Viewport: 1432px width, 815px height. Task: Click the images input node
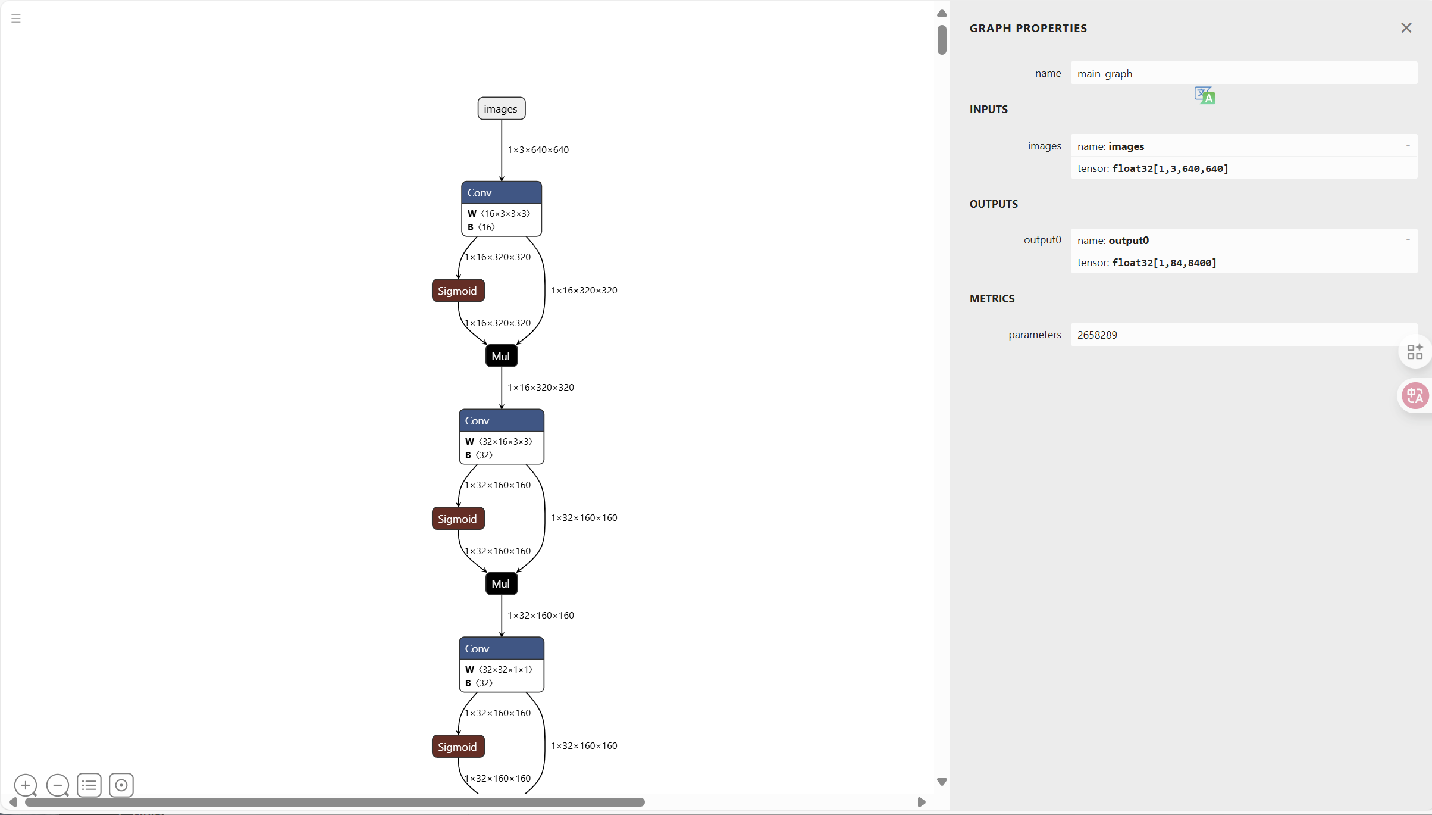click(x=501, y=108)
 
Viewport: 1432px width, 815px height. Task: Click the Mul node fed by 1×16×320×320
click(x=501, y=356)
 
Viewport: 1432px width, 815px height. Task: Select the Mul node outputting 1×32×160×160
click(x=501, y=583)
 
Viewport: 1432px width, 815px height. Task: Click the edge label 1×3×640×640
click(x=538, y=150)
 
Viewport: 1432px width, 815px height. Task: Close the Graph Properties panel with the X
click(x=1406, y=28)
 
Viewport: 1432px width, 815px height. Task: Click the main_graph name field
click(x=1243, y=73)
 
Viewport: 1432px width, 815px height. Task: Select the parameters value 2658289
click(x=1097, y=335)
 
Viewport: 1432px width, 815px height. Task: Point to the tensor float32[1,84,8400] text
click(x=1146, y=263)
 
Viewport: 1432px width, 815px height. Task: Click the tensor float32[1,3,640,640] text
click(x=1152, y=168)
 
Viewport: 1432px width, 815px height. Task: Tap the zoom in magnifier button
click(x=26, y=785)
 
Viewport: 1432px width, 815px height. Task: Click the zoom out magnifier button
click(x=58, y=785)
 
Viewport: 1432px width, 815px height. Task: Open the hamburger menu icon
click(x=16, y=18)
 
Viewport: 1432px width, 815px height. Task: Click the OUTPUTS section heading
click(x=994, y=204)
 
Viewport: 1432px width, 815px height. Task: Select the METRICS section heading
click(x=992, y=299)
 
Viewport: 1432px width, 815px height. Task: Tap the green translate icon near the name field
click(x=1205, y=95)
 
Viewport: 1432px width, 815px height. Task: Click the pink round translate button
click(x=1415, y=395)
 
